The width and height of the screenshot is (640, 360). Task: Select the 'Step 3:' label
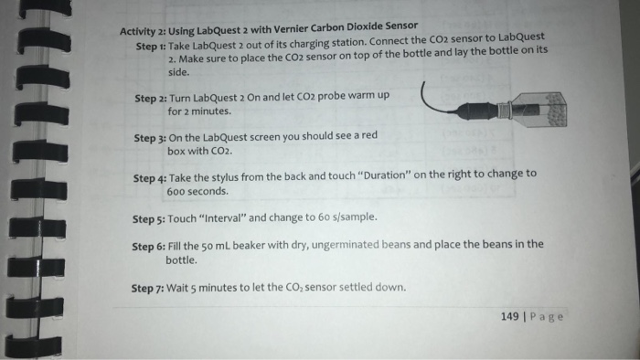click(x=150, y=136)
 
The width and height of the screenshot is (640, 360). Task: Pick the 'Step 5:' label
click(x=149, y=219)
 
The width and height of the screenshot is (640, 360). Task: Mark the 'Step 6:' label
click(x=148, y=247)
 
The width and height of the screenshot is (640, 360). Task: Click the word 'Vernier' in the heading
click(x=311, y=29)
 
